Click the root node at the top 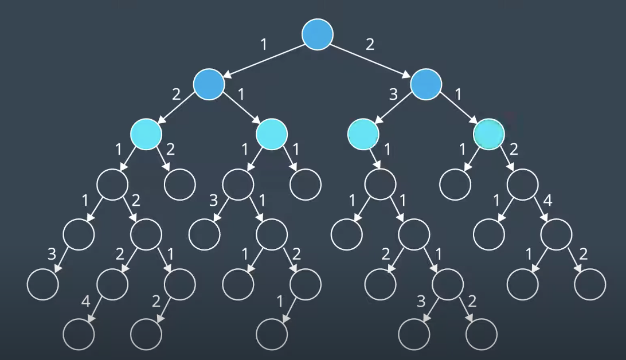tap(318, 34)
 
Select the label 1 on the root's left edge tap(263, 44)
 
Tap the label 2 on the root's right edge tap(370, 44)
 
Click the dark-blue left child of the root tap(209, 84)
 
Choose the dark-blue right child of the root tap(427, 84)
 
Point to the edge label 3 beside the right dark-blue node tap(393, 94)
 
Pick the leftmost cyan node tap(146, 134)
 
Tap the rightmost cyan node tap(489, 134)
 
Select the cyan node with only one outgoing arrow tap(363, 134)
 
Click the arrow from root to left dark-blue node tap(263, 59)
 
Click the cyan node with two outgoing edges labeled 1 tap(271, 134)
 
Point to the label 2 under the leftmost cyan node tap(170, 150)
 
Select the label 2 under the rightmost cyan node tap(514, 150)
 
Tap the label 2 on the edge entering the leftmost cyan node tap(176, 94)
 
